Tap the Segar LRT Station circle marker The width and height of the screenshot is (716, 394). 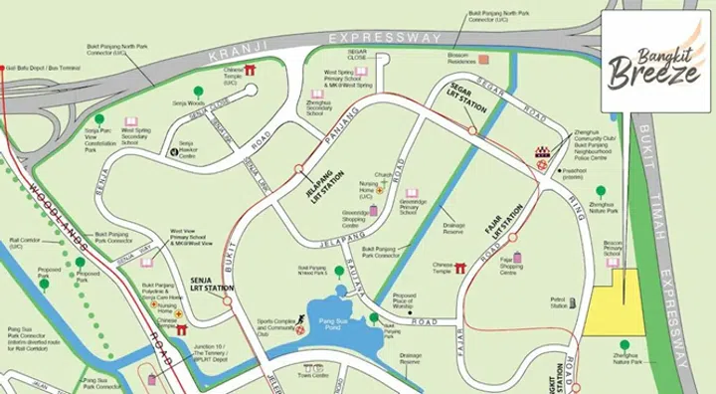[x=472, y=129]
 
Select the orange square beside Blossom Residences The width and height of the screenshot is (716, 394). [x=484, y=60]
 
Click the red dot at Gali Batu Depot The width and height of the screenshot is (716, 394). [x=5, y=69]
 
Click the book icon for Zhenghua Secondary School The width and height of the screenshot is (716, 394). [x=317, y=95]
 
